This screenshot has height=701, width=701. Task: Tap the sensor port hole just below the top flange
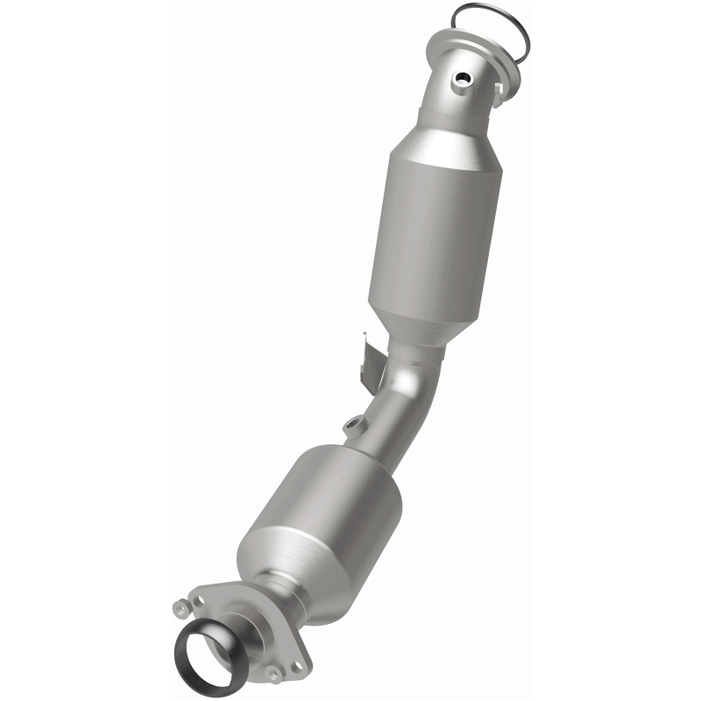(x=457, y=80)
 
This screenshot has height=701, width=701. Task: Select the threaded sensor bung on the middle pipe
(x=354, y=426)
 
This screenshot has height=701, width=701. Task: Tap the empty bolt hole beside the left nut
(x=200, y=602)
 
